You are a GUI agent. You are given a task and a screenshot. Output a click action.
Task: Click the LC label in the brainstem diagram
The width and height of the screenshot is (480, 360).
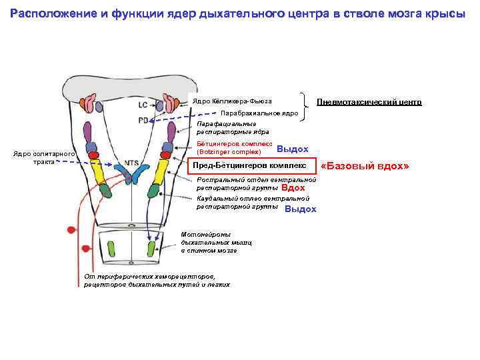[x=143, y=105]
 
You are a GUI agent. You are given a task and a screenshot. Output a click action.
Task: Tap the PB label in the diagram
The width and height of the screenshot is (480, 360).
[x=143, y=121]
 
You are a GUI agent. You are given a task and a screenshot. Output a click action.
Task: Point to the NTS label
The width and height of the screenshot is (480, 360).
[x=113, y=163]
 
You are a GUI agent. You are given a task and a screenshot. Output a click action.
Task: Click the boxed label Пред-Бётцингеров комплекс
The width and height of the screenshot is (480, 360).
[x=249, y=165]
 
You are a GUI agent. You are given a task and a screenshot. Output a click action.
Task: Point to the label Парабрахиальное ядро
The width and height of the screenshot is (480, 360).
[x=259, y=113]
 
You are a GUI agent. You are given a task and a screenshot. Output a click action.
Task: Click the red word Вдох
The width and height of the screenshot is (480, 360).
[x=293, y=188]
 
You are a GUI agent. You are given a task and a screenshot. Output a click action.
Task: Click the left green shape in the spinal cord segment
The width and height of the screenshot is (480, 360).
[x=111, y=248]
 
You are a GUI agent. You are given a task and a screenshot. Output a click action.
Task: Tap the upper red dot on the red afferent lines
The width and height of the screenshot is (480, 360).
[x=70, y=231]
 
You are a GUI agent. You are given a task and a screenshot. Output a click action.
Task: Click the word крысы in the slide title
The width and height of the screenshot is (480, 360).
[x=448, y=15]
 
